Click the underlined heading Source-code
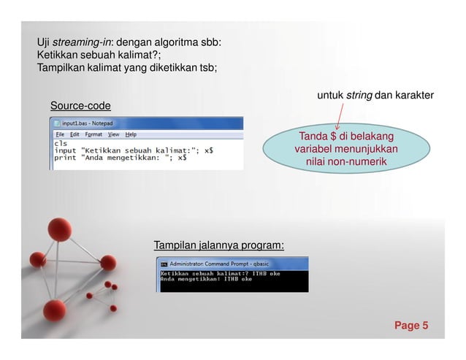(80, 107)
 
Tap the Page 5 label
(412, 325)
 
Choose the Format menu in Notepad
(93, 134)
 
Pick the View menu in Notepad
(113, 134)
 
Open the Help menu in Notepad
(131, 134)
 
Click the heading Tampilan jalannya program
(218, 244)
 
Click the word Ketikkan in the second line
(58, 55)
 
